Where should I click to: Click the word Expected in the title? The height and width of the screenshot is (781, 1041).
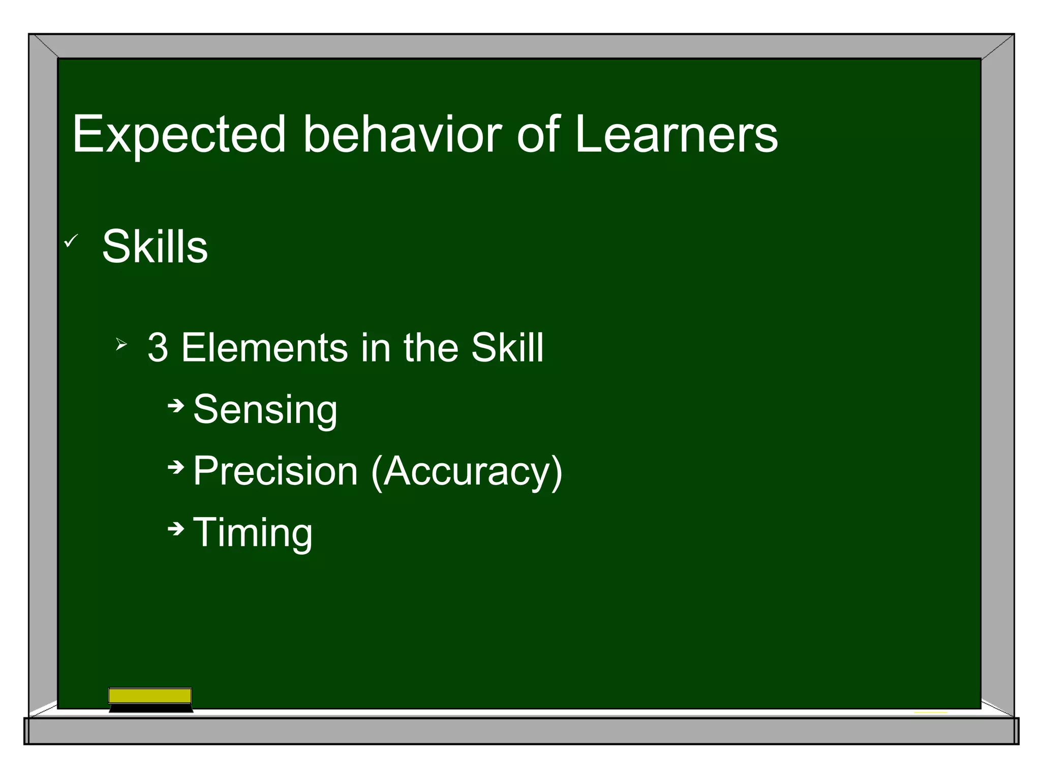click(x=179, y=135)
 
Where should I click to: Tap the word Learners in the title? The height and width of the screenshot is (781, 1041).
click(x=676, y=134)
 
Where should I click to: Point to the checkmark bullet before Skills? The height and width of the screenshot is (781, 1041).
click(x=71, y=241)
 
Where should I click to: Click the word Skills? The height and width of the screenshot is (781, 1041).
click(x=155, y=247)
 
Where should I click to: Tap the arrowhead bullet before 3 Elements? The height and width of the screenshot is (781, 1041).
click(x=121, y=345)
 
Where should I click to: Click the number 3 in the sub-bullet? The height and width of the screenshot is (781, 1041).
click(x=158, y=348)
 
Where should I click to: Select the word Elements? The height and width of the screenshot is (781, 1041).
click(x=264, y=348)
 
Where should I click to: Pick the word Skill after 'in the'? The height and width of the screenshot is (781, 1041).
click(x=507, y=348)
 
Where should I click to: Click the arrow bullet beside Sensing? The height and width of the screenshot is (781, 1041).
click(x=176, y=406)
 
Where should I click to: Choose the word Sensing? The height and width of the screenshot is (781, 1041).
click(x=265, y=410)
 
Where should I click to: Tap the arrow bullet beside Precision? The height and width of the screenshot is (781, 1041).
click(x=176, y=467)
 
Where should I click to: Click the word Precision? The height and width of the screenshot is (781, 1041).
click(x=275, y=471)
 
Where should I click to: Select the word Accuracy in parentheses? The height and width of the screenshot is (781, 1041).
click(x=467, y=471)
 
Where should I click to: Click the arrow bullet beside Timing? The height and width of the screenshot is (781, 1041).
click(x=176, y=529)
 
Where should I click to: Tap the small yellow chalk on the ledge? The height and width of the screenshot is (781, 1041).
click(x=930, y=712)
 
